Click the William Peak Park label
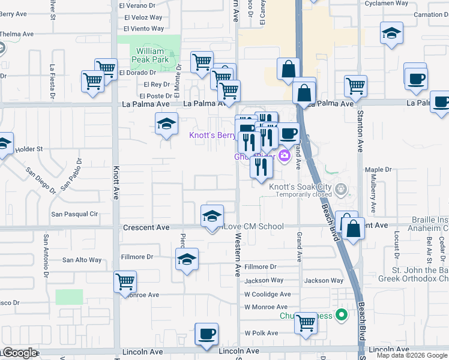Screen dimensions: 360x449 pyautogui.click(x=150, y=56)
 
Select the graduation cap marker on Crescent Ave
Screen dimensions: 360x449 pyautogui.click(x=211, y=217)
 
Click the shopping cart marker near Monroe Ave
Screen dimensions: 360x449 pyautogui.click(x=125, y=281)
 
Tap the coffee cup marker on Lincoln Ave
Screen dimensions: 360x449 pyautogui.click(x=206, y=334)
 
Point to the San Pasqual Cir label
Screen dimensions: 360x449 pyautogui.click(x=74, y=214)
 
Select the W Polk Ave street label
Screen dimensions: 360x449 pyautogui.click(x=261, y=333)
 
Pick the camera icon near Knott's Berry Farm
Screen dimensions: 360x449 pyautogui.click(x=285, y=157)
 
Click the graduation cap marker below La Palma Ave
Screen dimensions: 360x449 pyautogui.click(x=166, y=124)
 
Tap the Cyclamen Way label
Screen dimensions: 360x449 pyautogui.click(x=386, y=3)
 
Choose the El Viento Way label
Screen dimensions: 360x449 pyautogui.click(x=143, y=28)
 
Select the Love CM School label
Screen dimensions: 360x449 pyautogui.click(x=253, y=226)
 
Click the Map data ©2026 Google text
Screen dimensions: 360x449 pyautogui.click(x=412, y=355)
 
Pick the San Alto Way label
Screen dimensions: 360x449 pyautogui.click(x=82, y=260)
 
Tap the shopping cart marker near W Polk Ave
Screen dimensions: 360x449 pyautogui.click(x=306, y=323)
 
